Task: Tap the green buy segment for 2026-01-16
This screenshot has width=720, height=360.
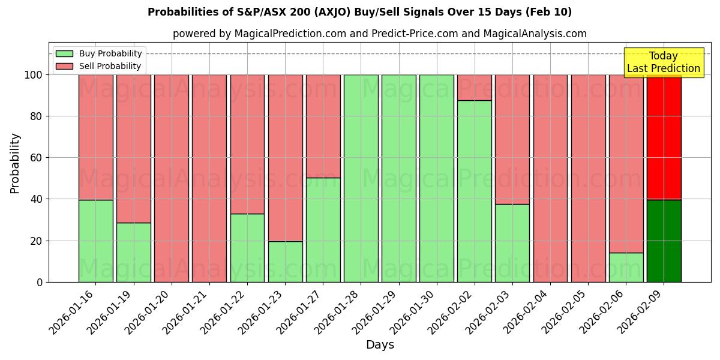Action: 95,241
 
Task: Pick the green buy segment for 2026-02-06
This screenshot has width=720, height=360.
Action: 626,268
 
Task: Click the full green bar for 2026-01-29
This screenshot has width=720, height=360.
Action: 398,178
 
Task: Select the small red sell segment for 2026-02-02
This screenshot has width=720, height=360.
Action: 474,88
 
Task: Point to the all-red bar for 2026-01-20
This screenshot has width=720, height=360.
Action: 171,178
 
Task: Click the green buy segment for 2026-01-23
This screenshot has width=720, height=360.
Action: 285,262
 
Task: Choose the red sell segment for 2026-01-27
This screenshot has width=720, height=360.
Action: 323,126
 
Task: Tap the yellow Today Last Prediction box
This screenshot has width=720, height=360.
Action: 663,62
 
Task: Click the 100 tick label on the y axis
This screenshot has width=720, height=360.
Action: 32,75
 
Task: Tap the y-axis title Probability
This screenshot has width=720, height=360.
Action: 15,163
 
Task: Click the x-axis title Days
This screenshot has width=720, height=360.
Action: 380,345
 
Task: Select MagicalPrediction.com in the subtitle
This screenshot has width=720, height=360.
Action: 290,34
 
